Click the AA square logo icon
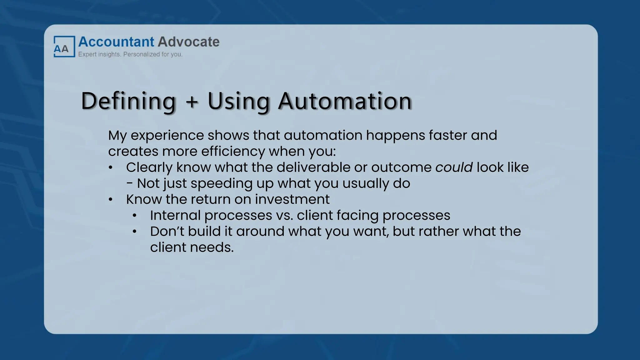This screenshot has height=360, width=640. coord(64,47)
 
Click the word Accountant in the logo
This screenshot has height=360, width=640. coord(116,42)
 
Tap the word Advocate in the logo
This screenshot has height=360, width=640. coord(188,42)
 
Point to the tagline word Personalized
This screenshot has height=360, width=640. coord(142,54)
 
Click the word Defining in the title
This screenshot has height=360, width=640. coord(128,101)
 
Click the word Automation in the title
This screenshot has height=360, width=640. coord(345,101)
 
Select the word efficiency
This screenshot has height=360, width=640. coord(233,152)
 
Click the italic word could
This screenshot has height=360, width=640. coord(454,167)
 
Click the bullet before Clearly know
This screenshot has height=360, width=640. coord(110,168)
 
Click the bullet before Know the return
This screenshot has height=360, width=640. coord(110,200)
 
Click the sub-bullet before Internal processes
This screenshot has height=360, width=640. coord(134,216)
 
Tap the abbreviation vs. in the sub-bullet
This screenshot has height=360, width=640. coord(284,216)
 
